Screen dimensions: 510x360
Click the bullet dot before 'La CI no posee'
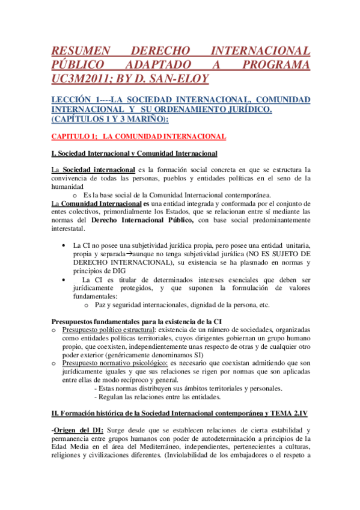click(64, 246)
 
